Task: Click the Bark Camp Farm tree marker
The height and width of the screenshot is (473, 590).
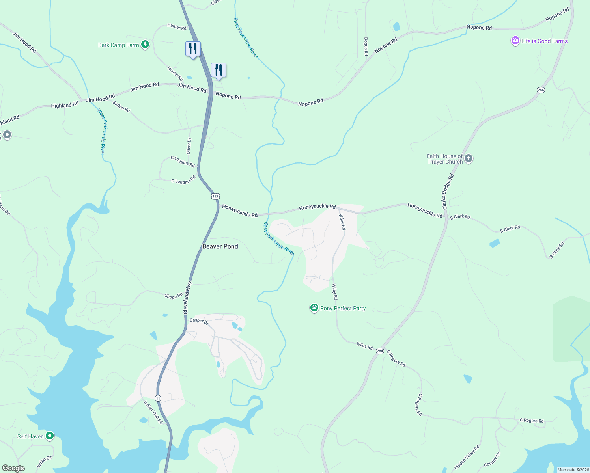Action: (x=145, y=45)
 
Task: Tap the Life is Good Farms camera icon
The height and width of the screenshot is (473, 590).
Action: (x=515, y=41)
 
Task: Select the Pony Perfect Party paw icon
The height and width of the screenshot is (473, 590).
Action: (x=314, y=308)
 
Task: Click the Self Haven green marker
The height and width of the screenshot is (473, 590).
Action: (x=49, y=436)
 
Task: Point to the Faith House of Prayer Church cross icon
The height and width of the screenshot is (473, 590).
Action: (x=469, y=158)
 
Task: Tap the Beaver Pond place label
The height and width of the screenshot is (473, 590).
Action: (x=220, y=246)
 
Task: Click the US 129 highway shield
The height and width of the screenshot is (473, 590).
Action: (x=215, y=196)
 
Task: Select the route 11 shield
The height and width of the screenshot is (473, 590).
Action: (x=158, y=398)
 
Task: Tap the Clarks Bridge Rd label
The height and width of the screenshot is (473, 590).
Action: (x=448, y=192)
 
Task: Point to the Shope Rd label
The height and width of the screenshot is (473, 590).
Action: (x=174, y=296)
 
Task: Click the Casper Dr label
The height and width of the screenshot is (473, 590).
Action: (x=199, y=321)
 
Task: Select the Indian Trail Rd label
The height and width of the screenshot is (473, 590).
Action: (x=153, y=412)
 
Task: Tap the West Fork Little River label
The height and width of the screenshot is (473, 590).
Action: (x=102, y=132)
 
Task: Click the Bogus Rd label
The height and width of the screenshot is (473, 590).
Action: (x=366, y=47)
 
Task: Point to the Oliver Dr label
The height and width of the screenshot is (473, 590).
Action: (x=189, y=146)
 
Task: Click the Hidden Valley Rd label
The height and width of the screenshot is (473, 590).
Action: (x=467, y=457)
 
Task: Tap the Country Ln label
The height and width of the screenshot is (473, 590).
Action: (x=492, y=459)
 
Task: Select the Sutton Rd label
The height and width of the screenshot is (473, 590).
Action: (x=121, y=106)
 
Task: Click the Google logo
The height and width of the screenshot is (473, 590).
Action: (x=13, y=468)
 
